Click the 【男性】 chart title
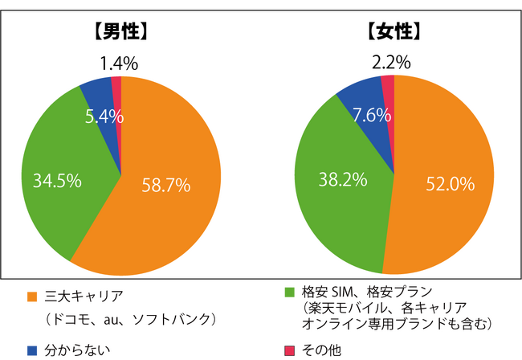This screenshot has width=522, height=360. click(120, 33)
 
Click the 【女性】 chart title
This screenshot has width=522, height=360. click(394, 33)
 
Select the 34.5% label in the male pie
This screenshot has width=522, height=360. click(57, 181)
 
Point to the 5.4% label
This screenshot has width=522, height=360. click(103, 117)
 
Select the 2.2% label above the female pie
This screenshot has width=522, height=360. click(392, 62)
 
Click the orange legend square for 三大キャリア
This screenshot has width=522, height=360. click(33, 295)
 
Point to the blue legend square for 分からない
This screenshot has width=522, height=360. click(33, 350)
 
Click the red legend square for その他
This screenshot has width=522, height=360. click(290, 350)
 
